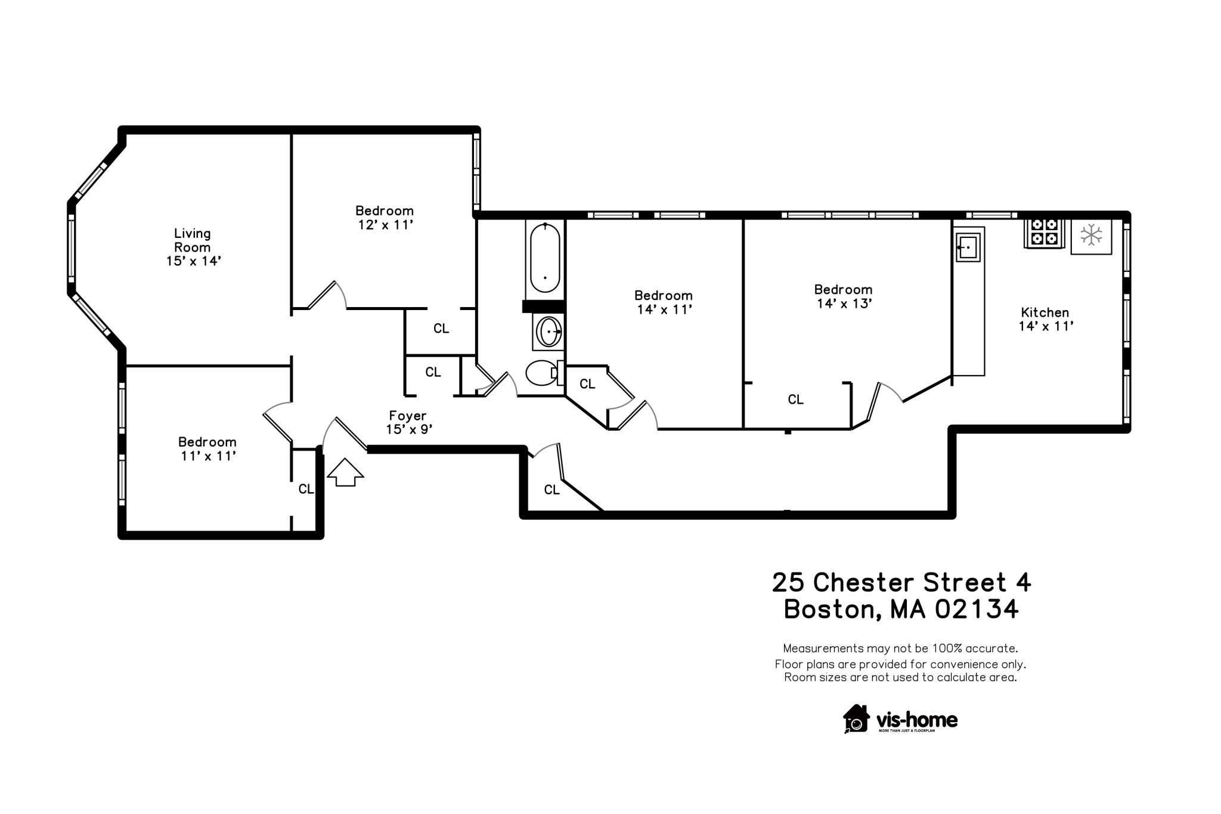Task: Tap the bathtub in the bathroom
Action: (545, 258)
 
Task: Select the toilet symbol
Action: (541, 373)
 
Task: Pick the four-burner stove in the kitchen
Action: (1044, 233)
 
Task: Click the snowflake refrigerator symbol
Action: (1091, 235)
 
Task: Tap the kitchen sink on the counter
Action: (968, 247)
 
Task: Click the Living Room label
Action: (193, 240)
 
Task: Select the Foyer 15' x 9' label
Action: (408, 422)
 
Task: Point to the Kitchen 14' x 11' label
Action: (1045, 319)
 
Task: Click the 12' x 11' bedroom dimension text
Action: (385, 225)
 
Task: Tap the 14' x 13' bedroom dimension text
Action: (844, 304)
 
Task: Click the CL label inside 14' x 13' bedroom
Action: (796, 400)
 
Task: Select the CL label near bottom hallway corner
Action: (552, 490)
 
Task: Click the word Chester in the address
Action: (863, 583)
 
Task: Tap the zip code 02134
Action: (977, 609)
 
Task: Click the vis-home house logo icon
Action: (856, 719)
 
